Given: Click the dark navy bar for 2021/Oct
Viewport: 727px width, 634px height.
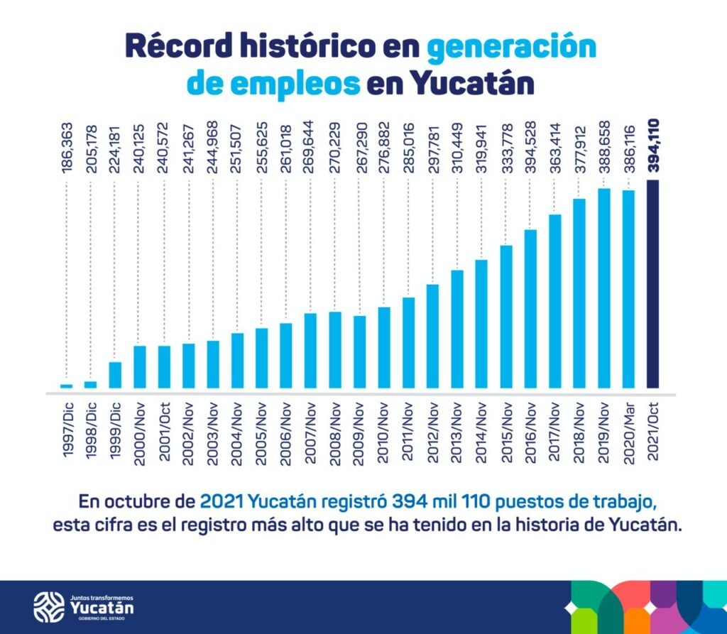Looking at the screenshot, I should (x=653, y=284).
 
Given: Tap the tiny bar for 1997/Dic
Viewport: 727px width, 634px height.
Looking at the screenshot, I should (x=67, y=386).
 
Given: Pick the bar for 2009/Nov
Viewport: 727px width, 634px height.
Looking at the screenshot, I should (x=360, y=352).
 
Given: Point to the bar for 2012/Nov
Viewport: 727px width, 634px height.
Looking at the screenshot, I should (x=433, y=337).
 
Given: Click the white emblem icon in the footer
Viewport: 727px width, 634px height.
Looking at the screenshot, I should (x=49, y=606).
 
